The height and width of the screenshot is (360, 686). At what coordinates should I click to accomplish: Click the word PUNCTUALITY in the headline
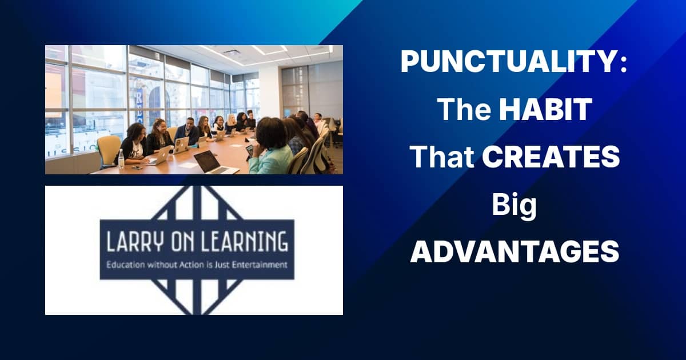point(509,62)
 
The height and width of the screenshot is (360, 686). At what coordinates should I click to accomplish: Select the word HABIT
point(545,109)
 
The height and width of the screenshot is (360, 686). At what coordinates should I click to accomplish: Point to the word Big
point(514,206)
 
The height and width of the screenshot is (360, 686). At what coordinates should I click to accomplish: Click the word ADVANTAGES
point(514,251)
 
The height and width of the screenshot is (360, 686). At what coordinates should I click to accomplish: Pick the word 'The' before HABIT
point(465,109)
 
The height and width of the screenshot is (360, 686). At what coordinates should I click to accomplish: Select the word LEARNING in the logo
point(244,242)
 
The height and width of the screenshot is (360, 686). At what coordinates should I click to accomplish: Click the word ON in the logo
point(183,242)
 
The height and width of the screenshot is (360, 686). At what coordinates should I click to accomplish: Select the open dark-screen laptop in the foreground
point(214,162)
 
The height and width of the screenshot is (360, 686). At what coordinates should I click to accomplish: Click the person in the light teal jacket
point(271,146)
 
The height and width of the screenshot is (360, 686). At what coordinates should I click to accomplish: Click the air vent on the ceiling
point(232,52)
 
